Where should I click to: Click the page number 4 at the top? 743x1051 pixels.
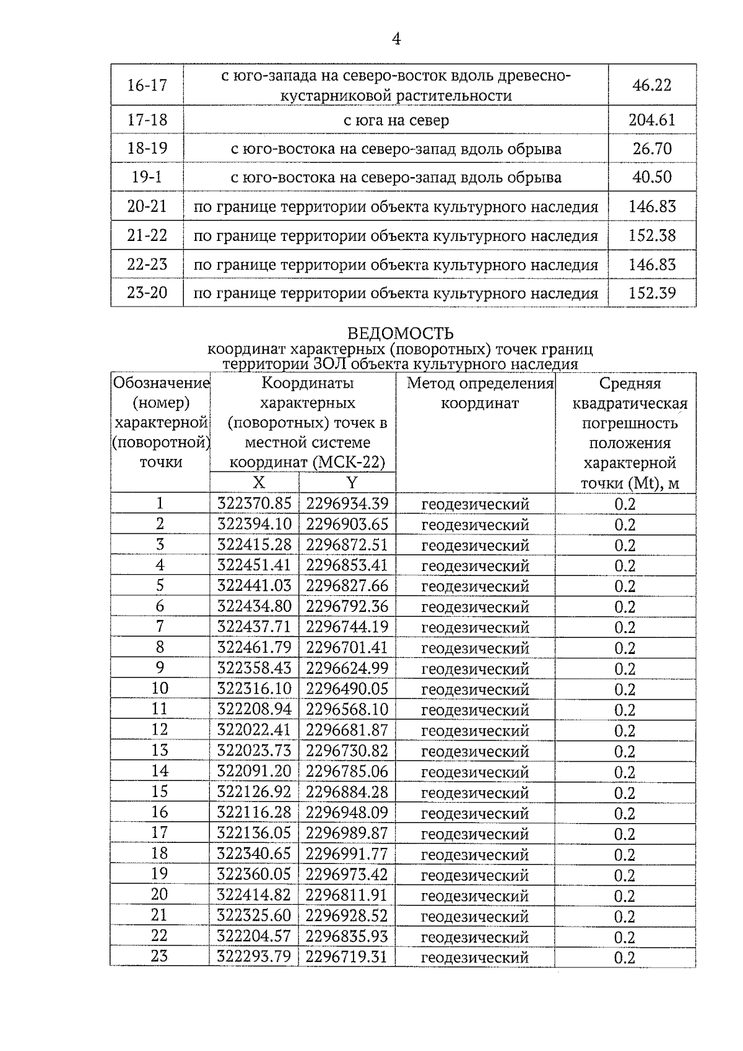click(x=396, y=40)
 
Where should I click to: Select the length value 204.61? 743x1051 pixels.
click(x=651, y=120)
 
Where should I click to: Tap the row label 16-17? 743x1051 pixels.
click(x=147, y=85)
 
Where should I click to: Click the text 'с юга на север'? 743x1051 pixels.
click(x=396, y=120)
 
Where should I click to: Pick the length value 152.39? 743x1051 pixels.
click(x=651, y=293)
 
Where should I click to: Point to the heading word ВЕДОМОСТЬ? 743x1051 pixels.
click(x=400, y=334)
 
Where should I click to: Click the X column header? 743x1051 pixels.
click(x=258, y=483)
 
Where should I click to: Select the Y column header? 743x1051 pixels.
click(x=351, y=483)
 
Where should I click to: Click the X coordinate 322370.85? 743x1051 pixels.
click(x=254, y=504)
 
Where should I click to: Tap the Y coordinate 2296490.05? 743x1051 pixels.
click(x=347, y=689)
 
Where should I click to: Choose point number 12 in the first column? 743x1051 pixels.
click(x=160, y=730)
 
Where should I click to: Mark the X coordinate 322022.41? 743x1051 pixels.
click(x=254, y=730)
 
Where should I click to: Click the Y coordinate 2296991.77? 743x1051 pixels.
click(x=347, y=854)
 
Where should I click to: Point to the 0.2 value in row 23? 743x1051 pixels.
click(x=625, y=957)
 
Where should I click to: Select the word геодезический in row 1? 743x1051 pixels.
click(x=475, y=504)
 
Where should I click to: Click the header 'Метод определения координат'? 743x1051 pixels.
click(x=480, y=393)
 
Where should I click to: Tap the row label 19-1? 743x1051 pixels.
click(x=147, y=177)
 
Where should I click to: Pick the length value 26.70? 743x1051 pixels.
click(x=651, y=149)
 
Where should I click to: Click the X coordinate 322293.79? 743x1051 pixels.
click(x=254, y=956)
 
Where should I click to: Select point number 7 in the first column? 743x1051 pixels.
click(x=160, y=627)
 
